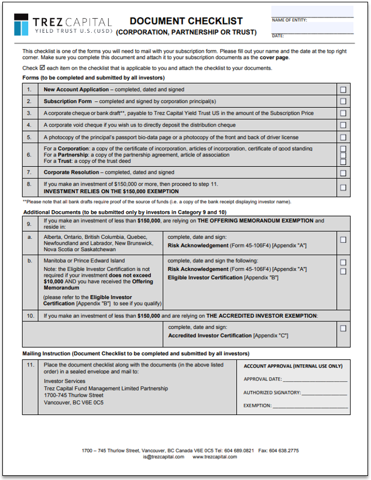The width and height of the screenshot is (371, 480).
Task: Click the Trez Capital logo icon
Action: (22, 24)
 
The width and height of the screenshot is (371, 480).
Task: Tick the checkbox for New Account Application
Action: (343, 90)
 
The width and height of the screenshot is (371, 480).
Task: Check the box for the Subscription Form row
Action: (343, 101)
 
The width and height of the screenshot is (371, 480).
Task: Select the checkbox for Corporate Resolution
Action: (343, 173)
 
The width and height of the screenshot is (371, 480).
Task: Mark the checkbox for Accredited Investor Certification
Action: (343, 328)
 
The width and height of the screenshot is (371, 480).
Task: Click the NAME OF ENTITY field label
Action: (290, 20)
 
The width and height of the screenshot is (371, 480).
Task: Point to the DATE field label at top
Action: (278, 36)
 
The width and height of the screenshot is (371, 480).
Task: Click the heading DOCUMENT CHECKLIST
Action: (186, 21)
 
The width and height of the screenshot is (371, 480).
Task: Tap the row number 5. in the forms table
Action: (29, 137)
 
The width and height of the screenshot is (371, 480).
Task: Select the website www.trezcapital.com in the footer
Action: (215, 457)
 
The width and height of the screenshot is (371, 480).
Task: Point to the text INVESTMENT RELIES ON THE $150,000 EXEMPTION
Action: (111, 191)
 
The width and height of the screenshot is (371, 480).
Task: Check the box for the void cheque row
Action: (343, 125)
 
